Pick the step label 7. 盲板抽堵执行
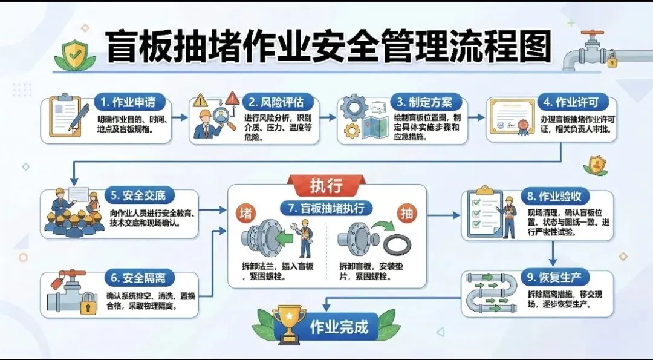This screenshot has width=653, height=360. (x=326, y=208)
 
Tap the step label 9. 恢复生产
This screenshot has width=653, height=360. (x=554, y=278)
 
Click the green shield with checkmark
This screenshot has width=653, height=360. (x=75, y=54)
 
